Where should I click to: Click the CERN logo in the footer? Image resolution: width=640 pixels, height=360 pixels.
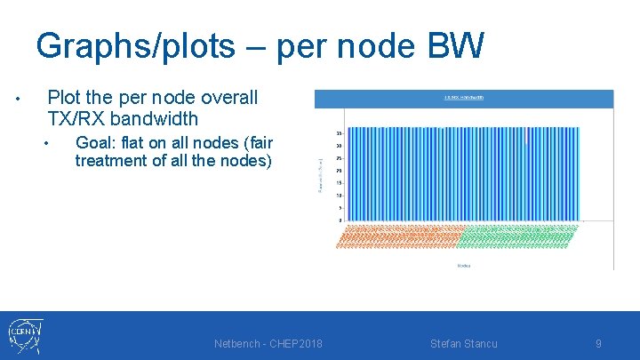tap(24, 336)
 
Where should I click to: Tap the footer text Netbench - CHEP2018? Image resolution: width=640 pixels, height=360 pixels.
tap(268, 344)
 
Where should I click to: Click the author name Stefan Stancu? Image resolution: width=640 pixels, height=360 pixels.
tap(463, 344)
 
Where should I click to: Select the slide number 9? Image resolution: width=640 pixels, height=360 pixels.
tap(598, 344)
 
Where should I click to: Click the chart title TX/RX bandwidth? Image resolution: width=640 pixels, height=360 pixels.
tap(463, 98)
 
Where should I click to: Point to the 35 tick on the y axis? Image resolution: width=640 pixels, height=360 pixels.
tap(340, 133)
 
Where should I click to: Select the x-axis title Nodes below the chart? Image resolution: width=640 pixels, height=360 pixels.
tap(463, 265)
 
